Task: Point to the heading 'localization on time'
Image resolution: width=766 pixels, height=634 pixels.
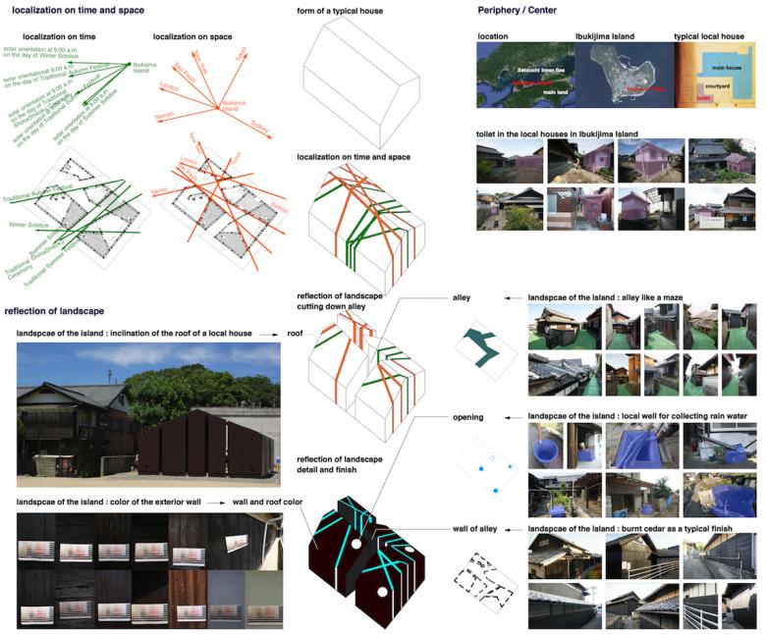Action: tap(58, 37)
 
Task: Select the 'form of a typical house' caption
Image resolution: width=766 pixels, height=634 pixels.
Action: tap(340, 11)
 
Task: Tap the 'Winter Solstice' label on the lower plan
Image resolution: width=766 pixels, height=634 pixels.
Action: tap(29, 225)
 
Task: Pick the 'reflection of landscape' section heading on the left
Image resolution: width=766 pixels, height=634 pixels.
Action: tap(54, 311)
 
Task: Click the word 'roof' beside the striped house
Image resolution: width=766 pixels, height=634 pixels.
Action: tap(296, 334)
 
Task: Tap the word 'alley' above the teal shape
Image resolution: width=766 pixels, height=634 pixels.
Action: tap(461, 296)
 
